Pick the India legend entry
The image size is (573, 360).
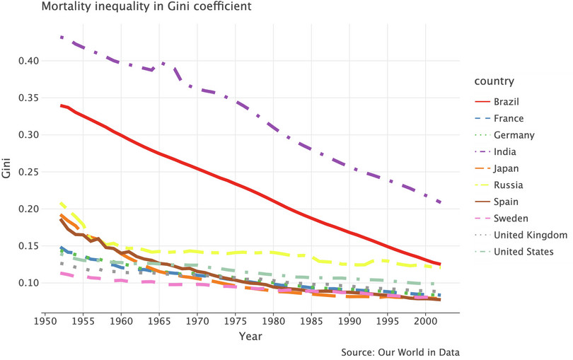pos(504,151)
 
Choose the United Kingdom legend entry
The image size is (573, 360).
pos(530,235)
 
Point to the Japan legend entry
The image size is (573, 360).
pos(506,168)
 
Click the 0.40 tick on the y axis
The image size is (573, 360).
pos(28,61)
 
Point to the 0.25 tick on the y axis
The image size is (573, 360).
pos(28,172)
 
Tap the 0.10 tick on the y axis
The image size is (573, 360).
pos(28,283)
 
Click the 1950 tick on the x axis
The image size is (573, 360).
pos(45,318)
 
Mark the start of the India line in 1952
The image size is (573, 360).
pos(61,37)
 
